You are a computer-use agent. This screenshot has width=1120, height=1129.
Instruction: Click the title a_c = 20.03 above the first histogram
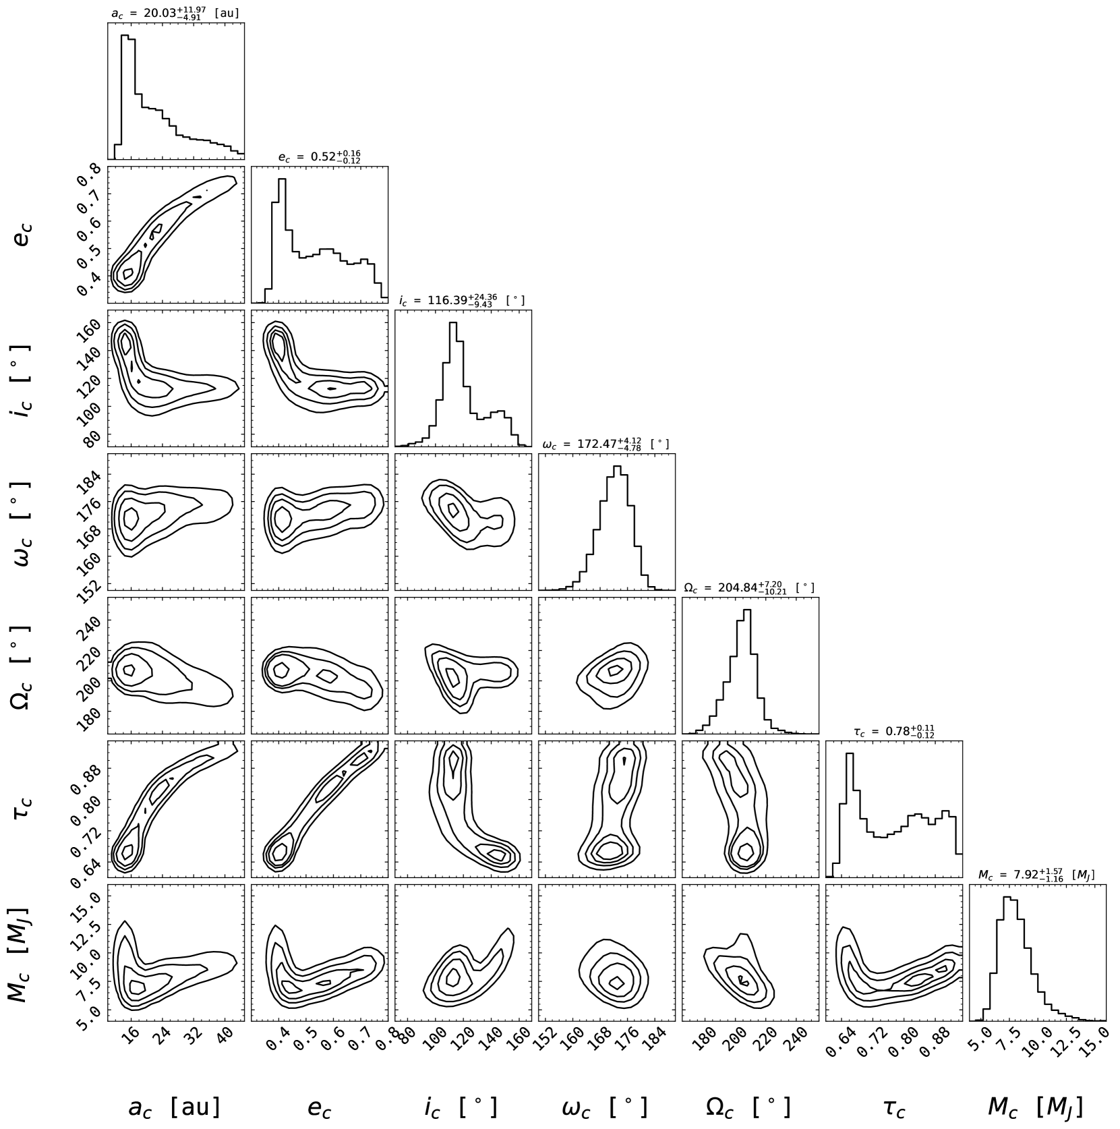coord(175,12)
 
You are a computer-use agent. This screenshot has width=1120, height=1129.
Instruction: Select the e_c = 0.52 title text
coord(319,156)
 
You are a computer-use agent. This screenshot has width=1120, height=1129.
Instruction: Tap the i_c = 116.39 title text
coord(462,300)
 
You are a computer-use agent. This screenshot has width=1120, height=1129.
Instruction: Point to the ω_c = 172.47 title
coord(606,444)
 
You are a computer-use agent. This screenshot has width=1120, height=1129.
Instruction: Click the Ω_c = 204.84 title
coord(748,587)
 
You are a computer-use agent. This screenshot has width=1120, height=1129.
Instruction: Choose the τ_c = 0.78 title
coord(893,731)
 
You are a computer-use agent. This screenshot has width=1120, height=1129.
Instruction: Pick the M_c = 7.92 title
coord(1036,875)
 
